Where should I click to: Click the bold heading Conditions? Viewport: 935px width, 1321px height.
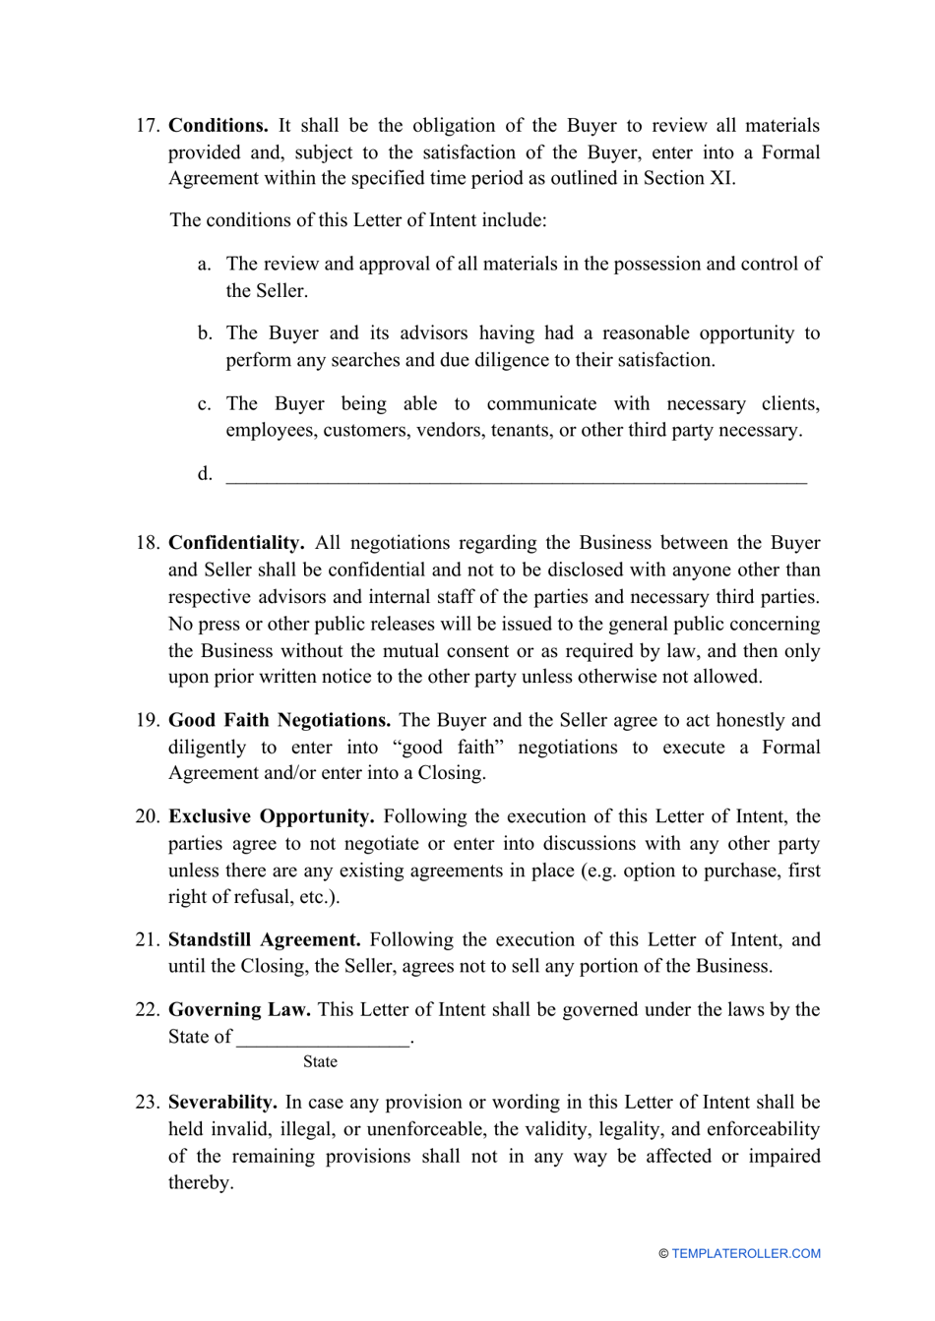218,126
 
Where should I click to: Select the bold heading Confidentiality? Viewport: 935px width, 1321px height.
236,543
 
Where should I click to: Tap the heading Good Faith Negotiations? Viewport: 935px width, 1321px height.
280,720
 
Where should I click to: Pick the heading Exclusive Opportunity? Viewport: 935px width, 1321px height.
271,816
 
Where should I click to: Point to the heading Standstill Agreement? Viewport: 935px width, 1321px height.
264,939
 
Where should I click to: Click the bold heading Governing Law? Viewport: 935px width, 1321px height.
239,1009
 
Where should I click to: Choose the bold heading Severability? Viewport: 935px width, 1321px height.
222,1102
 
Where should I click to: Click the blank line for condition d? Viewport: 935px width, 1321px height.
516,476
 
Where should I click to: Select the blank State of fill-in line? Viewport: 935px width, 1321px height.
323,1038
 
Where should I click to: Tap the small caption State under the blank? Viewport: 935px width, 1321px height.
320,1062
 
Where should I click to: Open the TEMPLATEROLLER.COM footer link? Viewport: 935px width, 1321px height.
745,1254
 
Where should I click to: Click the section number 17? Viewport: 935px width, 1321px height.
147,126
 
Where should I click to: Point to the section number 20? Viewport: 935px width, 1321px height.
147,816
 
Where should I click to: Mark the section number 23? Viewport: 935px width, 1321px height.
147,1102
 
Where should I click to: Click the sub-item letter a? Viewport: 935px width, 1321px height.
204,264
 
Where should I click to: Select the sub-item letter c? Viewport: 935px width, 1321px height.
204,404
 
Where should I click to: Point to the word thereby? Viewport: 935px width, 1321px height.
200,1182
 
